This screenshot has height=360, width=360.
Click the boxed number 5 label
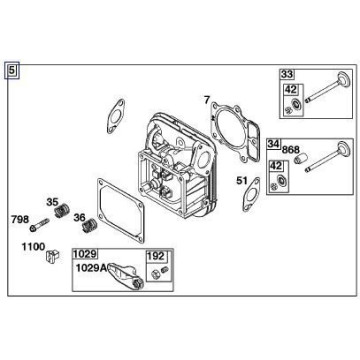pyautogui.click(x=12, y=71)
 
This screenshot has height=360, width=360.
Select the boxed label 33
pyautogui.click(x=287, y=74)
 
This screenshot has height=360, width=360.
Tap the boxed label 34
pyautogui.click(x=274, y=144)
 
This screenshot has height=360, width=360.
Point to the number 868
pyautogui.click(x=291, y=150)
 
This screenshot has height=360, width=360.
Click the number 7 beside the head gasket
pyautogui.click(x=207, y=99)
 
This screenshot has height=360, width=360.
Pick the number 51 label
pyautogui.click(x=242, y=181)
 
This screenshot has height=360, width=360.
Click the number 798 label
pyautogui.click(x=20, y=220)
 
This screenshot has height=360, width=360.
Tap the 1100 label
pyautogui.click(x=33, y=247)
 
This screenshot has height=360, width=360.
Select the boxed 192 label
pyautogui.click(x=156, y=256)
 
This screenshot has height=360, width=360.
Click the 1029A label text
pyautogui.click(x=91, y=268)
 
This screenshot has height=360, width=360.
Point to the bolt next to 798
pyautogui.click(x=40, y=225)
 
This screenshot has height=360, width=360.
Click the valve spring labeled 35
pyautogui.click(x=61, y=211)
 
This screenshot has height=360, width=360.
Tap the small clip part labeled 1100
pyautogui.click(x=52, y=256)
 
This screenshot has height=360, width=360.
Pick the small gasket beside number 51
pyautogui.click(x=251, y=194)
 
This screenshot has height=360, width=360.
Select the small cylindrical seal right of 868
pyautogui.click(x=300, y=158)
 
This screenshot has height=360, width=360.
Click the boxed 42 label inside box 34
pyautogui.click(x=276, y=166)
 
